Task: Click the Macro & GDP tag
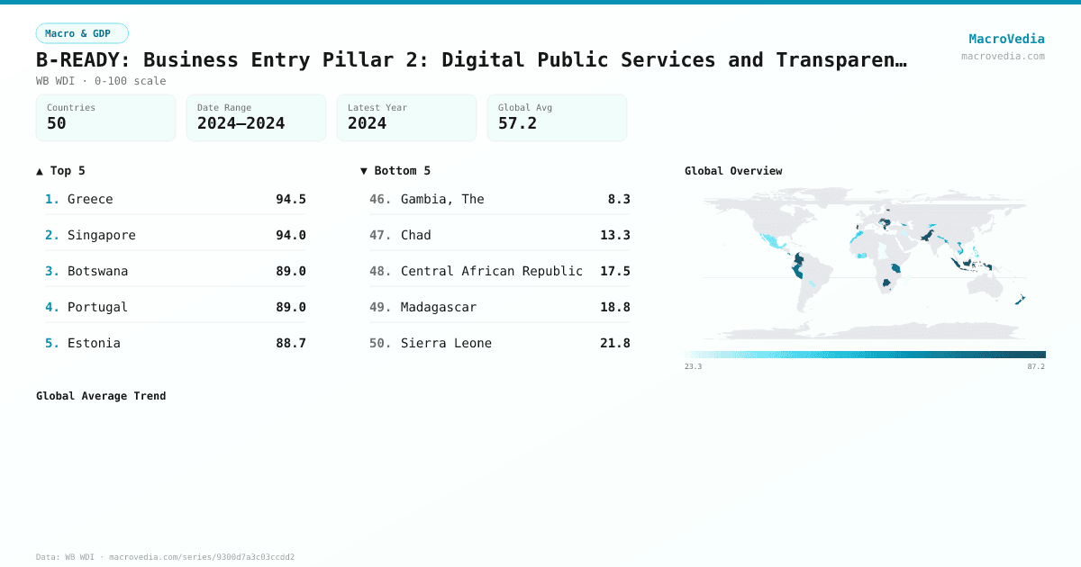tap(82, 33)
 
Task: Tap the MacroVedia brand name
tap(1006, 39)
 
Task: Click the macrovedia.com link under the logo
tap(1003, 56)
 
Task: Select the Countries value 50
tap(57, 124)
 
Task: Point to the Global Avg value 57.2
tap(517, 124)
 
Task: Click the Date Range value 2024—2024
tap(241, 124)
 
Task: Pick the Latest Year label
tap(377, 108)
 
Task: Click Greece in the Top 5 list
tap(90, 199)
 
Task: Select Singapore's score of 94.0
tap(290, 235)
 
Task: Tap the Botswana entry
tap(97, 271)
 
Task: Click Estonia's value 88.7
tap(290, 343)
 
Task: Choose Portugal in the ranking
tap(97, 307)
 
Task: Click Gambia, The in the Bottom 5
tap(442, 199)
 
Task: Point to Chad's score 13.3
tap(614, 235)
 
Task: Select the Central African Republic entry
tap(491, 271)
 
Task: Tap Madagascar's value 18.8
tap(614, 307)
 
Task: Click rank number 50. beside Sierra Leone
tap(380, 343)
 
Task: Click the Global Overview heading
tap(733, 171)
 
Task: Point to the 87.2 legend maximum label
tap(1036, 367)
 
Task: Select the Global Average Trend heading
tap(101, 396)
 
